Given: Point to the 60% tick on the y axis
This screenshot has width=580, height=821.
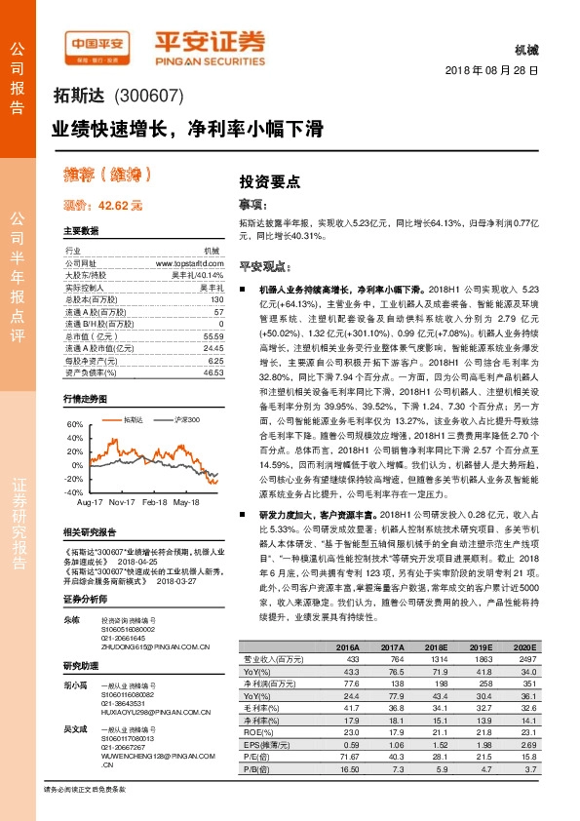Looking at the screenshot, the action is [75, 425].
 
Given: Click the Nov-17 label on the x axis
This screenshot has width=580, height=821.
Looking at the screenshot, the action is [122, 501].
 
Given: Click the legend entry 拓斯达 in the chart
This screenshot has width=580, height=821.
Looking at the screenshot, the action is [134, 419].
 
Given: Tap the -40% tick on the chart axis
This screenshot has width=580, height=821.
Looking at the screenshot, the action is [74, 493].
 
